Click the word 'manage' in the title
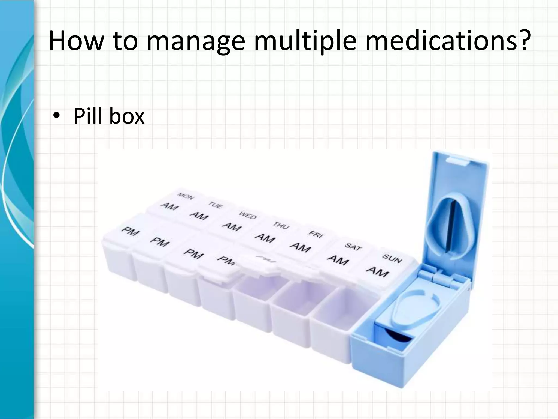pos(195,41)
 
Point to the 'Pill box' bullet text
pos(109,116)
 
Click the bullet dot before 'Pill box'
pos(56,117)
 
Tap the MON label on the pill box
pos(186,196)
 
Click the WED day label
pos(248,215)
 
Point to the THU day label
pos(281,225)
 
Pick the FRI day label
pos(316,234)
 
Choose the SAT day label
pos(353,247)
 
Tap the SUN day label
pos(392,258)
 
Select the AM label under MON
pos(169,206)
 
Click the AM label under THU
pos(265,238)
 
